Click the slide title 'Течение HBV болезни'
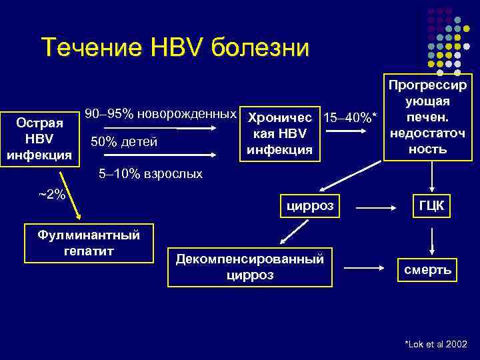[x=175, y=48]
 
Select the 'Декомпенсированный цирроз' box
[x=249, y=267]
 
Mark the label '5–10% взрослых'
[x=150, y=174]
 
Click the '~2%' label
[x=51, y=194]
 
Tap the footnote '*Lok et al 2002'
[x=435, y=343]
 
